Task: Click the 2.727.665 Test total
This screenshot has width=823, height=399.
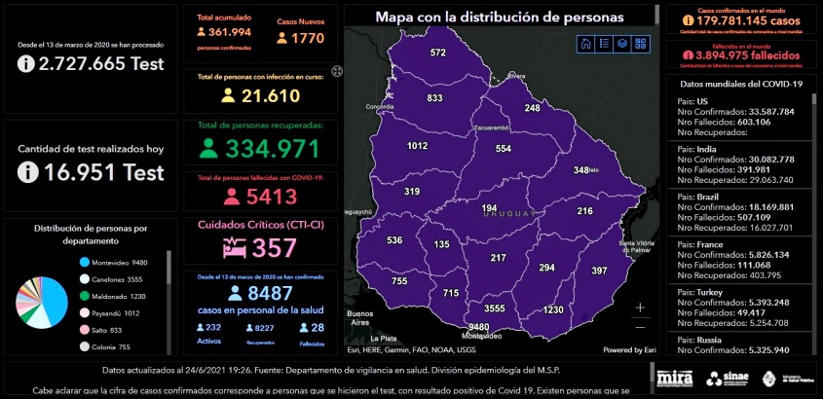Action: click(x=91, y=64)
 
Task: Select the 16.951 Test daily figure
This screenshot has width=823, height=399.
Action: click(x=91, y=172)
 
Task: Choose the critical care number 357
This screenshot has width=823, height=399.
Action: click(x=273, y=247)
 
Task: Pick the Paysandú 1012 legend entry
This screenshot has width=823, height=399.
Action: click(x=116, y=313)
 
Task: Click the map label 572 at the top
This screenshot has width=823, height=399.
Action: click(x=438, y=53)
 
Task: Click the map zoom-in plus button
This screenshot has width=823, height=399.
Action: click(x=640, y=308)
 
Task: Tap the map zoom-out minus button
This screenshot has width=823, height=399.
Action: click(x=640, y=327)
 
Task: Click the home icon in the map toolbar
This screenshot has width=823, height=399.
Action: click(x=585, y=43)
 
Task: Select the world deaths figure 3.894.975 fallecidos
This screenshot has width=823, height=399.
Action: click(x=734, y=56)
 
